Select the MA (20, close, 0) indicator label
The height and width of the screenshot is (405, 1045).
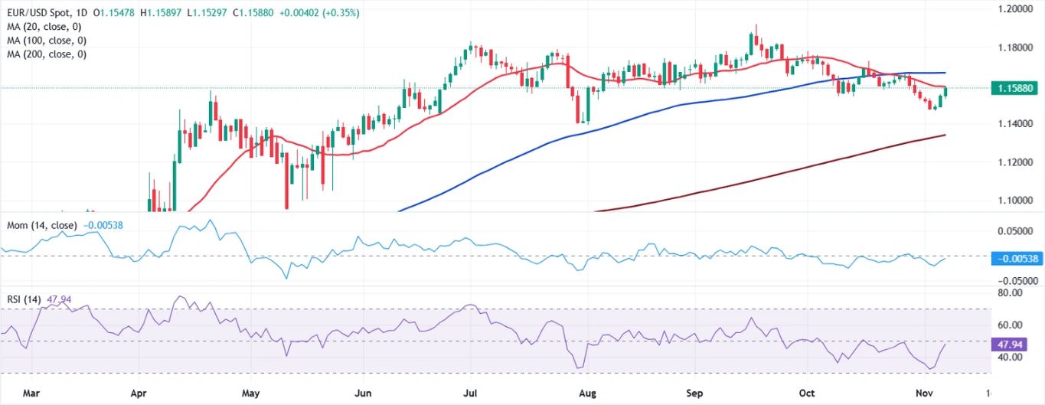44,27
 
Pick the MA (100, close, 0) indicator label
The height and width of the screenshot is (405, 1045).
46,41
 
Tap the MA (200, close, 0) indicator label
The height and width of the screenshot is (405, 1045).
46,54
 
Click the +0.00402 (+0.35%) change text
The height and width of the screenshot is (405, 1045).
322,13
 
